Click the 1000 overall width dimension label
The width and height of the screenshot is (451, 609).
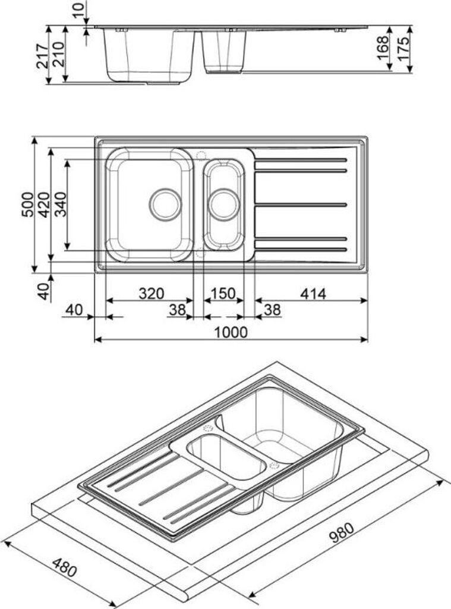point(231,332)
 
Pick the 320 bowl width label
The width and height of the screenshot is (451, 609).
point(150,293)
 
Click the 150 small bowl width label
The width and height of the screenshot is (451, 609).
point(223,293)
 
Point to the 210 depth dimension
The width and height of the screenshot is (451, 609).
point(58,56)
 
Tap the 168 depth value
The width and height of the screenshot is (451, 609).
point(382,48)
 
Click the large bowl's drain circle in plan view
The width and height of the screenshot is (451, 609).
point(165,205)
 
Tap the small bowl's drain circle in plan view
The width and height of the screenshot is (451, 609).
point(224,205)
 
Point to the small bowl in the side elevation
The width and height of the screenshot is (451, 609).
point(225,52)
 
